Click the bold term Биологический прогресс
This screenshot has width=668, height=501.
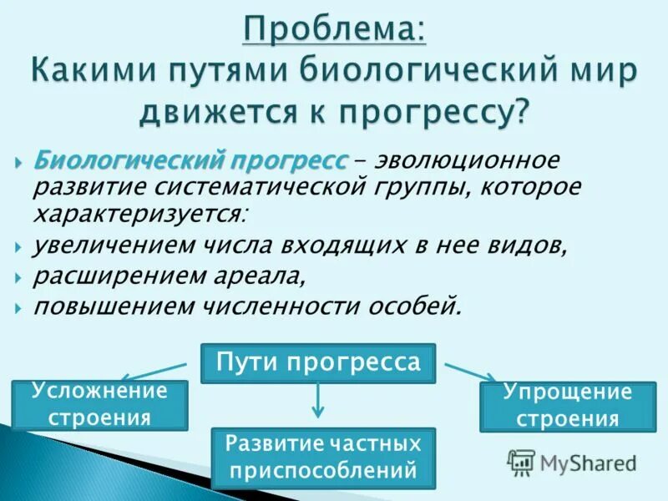click(x=191, y=159)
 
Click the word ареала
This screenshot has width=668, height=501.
click(x=251, y=276)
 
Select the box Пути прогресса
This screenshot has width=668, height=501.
click(x=319, y=363)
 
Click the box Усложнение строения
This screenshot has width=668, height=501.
click(x=99, y=404)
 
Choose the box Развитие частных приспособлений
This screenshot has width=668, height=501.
click(x=323, y=458)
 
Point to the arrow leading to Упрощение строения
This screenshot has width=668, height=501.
click(x=469, y=372)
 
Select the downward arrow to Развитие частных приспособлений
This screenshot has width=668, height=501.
click(x=316, y=402)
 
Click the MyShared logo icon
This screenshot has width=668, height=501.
click(x=522, y=461)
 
